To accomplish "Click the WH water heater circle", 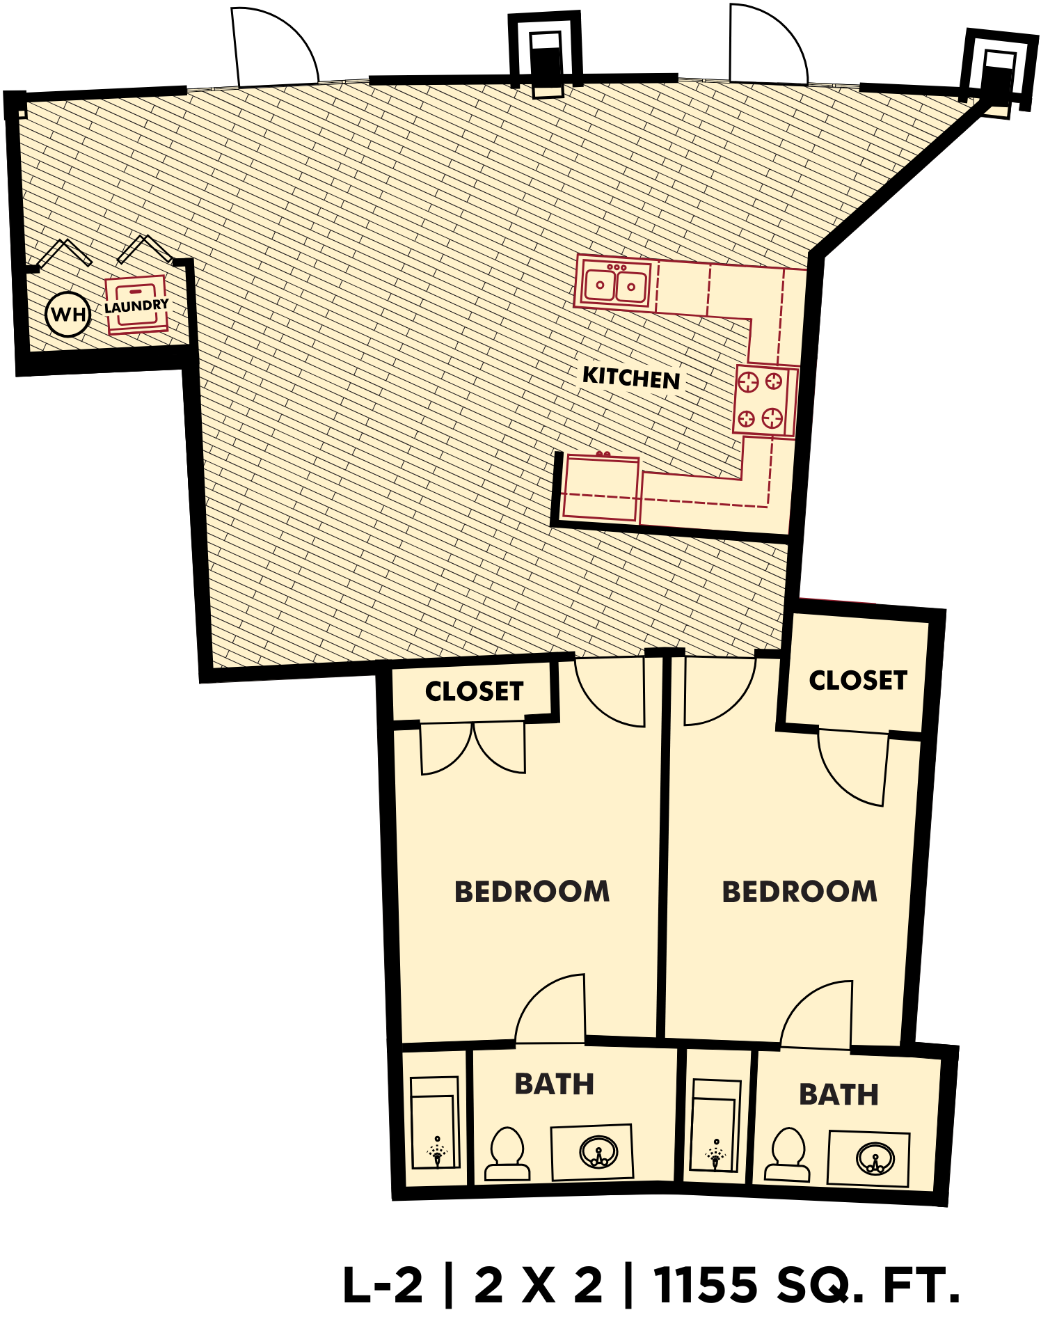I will click(x=68, y=314).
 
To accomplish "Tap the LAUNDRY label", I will click(x=136, y=306).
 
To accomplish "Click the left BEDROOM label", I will click(x=532, y=892).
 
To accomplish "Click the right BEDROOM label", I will click(x=800, y=892).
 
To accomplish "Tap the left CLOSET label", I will click(x=474, y=691).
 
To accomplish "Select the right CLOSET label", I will click(x=858, y=680).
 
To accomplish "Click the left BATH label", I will click(x=554, y=1084).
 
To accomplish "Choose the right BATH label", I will click(x=839, y=1094).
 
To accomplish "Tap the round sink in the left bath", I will click(x=598, y=1151).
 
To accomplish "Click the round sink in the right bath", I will click(x=875, y=1159).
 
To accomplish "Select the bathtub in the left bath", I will click(x=434, y=1122).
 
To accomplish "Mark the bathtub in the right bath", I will click(x=715, y=1126).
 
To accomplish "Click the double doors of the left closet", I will click(x=473, y=748).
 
